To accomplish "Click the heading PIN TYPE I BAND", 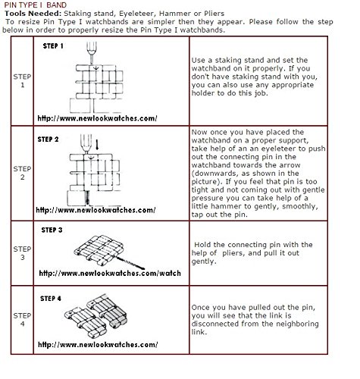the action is (x=36, y=5).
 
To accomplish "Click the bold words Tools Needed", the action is (x=33, y=14).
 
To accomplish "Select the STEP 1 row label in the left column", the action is (x=22, y=80).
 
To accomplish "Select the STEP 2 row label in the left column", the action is (x=22, y=173).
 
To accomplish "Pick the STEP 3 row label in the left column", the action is (x=22, y=253).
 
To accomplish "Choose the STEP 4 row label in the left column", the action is (x=22, y=320).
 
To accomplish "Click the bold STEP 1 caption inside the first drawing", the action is (x=53, y=46).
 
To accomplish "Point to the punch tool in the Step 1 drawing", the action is (x=92, y=53).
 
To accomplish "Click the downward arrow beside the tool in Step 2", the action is (x=98, y=143).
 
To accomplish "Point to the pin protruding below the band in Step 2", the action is (x=87, y=198).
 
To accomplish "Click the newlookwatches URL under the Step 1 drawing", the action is (x=98, y=118).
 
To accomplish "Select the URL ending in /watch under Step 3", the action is (x=110, y=273).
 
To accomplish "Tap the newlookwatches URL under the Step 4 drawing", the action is (x=98, y=345).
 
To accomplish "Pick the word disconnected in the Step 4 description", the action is (x=218, y=324).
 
